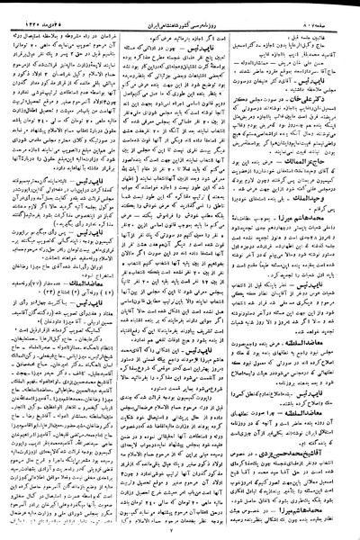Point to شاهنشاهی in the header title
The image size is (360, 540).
click(x=161, y=10)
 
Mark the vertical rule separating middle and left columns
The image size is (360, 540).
click(x=121, y=270)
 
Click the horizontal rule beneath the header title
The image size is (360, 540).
click(x=180, y=18)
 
